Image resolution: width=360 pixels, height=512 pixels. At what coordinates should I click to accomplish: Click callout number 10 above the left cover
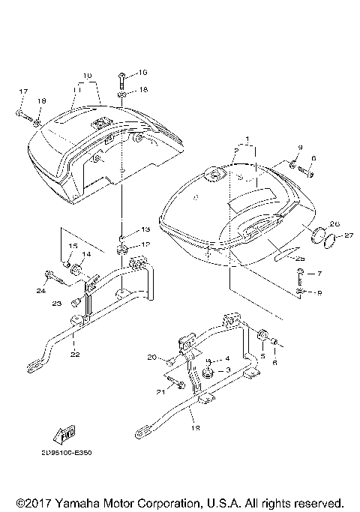click(87, 76)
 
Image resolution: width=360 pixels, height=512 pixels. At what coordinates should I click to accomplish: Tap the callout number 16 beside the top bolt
click(143, 73)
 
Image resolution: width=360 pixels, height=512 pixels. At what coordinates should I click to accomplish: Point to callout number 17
click(22, 92)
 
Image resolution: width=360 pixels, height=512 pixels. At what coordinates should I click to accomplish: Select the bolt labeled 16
click(121, 79)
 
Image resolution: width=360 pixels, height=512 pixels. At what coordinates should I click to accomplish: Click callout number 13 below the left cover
click(145, 229)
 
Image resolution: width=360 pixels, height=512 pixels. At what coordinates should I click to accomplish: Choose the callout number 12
click(145, 244)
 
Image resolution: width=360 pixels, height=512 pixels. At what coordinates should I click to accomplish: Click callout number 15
click(73, 247)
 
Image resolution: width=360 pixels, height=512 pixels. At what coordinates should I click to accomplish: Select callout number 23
click(55, 304)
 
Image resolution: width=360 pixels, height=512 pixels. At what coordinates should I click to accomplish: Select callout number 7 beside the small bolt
click(319, 274)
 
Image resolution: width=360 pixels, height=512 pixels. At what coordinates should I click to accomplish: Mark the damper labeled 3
click(207, 373)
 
